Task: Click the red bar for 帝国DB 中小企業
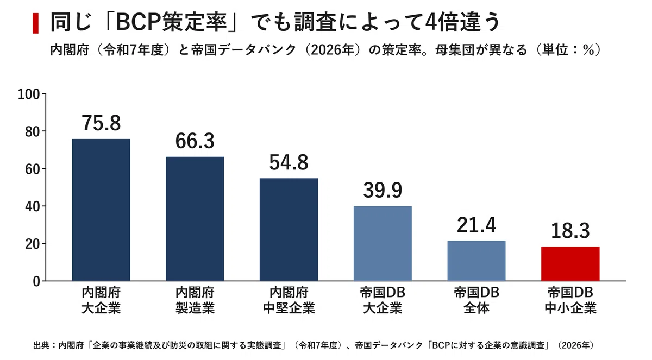(x=570, y=263)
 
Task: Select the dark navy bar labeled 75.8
(x=101, y=210)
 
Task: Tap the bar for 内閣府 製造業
(x=195, y=219)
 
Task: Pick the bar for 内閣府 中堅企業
(x=289, y=230)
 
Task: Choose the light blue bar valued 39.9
(x=383, y=243)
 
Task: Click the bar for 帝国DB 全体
(x=477, y=261)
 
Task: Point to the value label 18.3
(x=570, y=231)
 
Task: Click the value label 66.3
(x=195, y=141)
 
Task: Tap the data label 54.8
(x=289, y=162)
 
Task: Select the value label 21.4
(x=477, y=225)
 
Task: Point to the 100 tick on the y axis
(x=29, y=94)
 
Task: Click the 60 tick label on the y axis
(x=32, y=169)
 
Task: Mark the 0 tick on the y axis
(x=36, y=281)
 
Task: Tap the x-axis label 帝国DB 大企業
(x=383, y=300)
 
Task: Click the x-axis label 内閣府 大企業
(x=101, y=300)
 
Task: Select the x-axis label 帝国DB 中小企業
(x=570, y=300)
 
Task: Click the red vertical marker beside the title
(x=35, y=23)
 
